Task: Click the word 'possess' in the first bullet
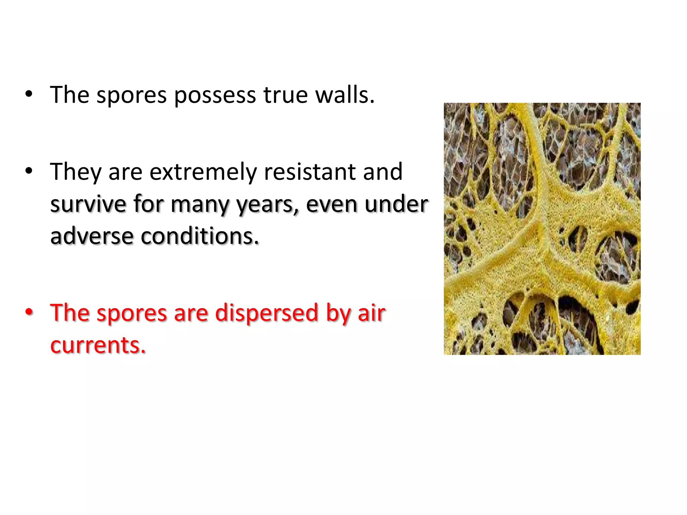coord(215,96)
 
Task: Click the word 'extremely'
coord(203,172)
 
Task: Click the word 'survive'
coord(88,204)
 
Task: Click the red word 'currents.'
coord(98,345)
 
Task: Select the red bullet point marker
coord(29,312)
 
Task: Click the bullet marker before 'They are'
coord(29,171)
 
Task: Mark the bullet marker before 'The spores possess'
coord(29,94)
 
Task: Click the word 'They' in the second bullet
coord(75,172)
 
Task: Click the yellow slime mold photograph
coord(542,229)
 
